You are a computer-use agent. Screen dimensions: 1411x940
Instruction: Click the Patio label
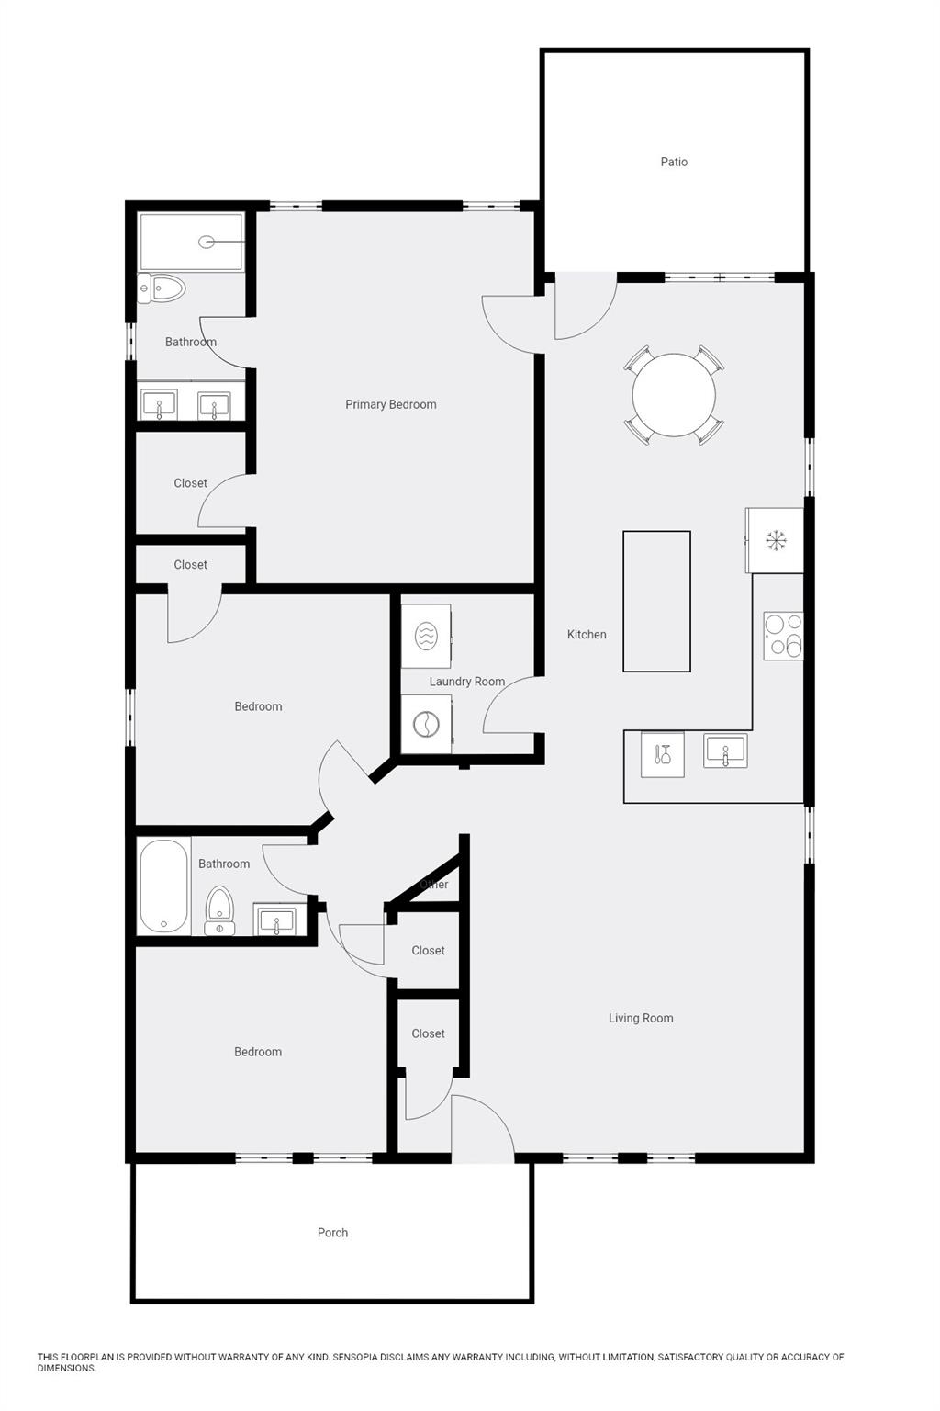pyautogui.click(x=674, y=162)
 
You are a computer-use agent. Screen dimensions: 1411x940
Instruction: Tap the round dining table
pyautogui.click(x=674, y=395)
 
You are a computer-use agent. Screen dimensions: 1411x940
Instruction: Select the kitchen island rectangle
pyautogui.click(x=656, y=601)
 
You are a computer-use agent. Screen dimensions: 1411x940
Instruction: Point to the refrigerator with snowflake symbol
pyautogui.click(x=776, y=540)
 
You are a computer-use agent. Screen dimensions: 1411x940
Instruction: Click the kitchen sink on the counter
pyautogui.click(x=725, y=751)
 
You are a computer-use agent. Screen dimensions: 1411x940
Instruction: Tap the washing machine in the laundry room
pyautogui.click(x=426, y=725)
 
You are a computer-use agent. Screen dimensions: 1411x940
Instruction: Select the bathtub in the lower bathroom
pyautogui.click(x=163, y=886)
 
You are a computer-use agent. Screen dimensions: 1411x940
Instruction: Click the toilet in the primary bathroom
pyautogui.click(x=162, y=288)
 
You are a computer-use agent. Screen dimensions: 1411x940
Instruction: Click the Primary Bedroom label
pyautogui.click(x=391, y=404)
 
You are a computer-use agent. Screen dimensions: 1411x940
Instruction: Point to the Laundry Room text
pyautogui.click(x=467, y=682)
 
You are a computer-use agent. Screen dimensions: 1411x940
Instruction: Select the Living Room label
pyautogui.click(x=641, y=1018)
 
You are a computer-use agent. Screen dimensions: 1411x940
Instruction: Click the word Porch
pyautogui.click(x=332, y=1233)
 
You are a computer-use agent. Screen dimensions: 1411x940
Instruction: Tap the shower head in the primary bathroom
pyautogui.click(x=207, y=242)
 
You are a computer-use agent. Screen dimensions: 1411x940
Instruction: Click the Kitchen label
pyautogui.click(x=587, y=634)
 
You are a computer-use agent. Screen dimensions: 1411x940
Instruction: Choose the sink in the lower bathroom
pyautogui.click(x=276, y=920)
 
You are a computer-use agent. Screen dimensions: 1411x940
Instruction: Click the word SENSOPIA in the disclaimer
pyautogui.click(x=357, y=1357)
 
